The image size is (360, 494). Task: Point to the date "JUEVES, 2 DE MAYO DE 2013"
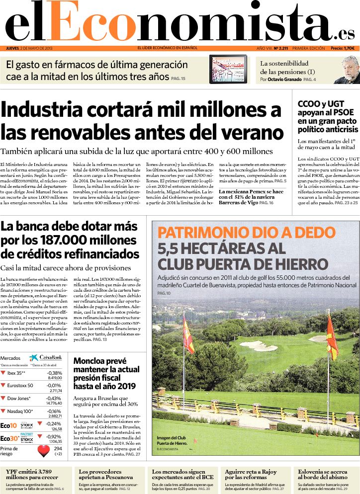click(29, 48)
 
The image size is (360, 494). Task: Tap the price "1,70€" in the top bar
click(350, 48)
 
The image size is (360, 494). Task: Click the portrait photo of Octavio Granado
click(346, 70)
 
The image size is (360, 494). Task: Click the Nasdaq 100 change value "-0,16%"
click(54, 412)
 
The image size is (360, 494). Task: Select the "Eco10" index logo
click(9, 425)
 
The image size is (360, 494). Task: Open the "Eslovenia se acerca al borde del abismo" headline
click(323, 475)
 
